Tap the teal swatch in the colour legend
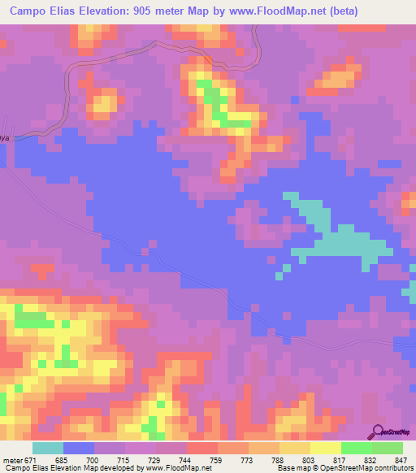47,449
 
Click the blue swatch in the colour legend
78,449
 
